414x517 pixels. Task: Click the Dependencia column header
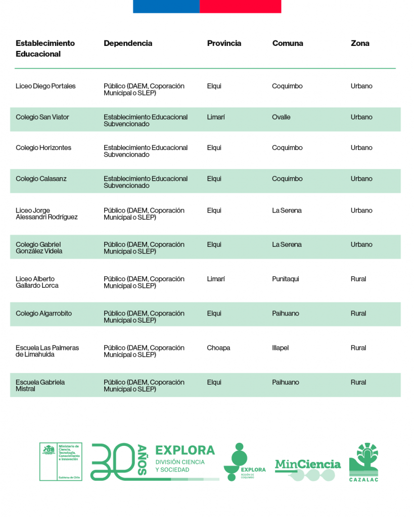click(x=128, y=43)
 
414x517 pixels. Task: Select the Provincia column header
click(x=224, y=43)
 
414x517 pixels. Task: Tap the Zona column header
click(x=360, y=43)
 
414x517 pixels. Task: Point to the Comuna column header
click(x=288, y=43)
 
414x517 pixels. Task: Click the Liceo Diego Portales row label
click(x=45, y=86)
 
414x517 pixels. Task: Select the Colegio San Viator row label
click(x=42, y=117)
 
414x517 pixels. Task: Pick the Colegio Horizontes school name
click(x=43, y=148)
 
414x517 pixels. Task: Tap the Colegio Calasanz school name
click(x=41, y=179)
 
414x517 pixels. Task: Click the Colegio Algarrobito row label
click(x=43, y=314)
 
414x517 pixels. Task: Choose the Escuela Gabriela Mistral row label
click(x=40, y=386)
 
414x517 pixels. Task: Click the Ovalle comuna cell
click(x=281, y=117)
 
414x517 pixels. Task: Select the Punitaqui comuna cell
click(x=286, y=279)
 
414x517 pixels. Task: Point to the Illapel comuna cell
click(x=280, y=348)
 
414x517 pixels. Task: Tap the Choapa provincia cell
click(x=218, y=348)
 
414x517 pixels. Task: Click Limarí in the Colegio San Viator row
click(x=216, y=117)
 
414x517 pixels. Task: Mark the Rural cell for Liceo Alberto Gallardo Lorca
click(x=358, y=279)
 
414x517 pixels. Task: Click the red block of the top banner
click(x=241, y=6)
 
